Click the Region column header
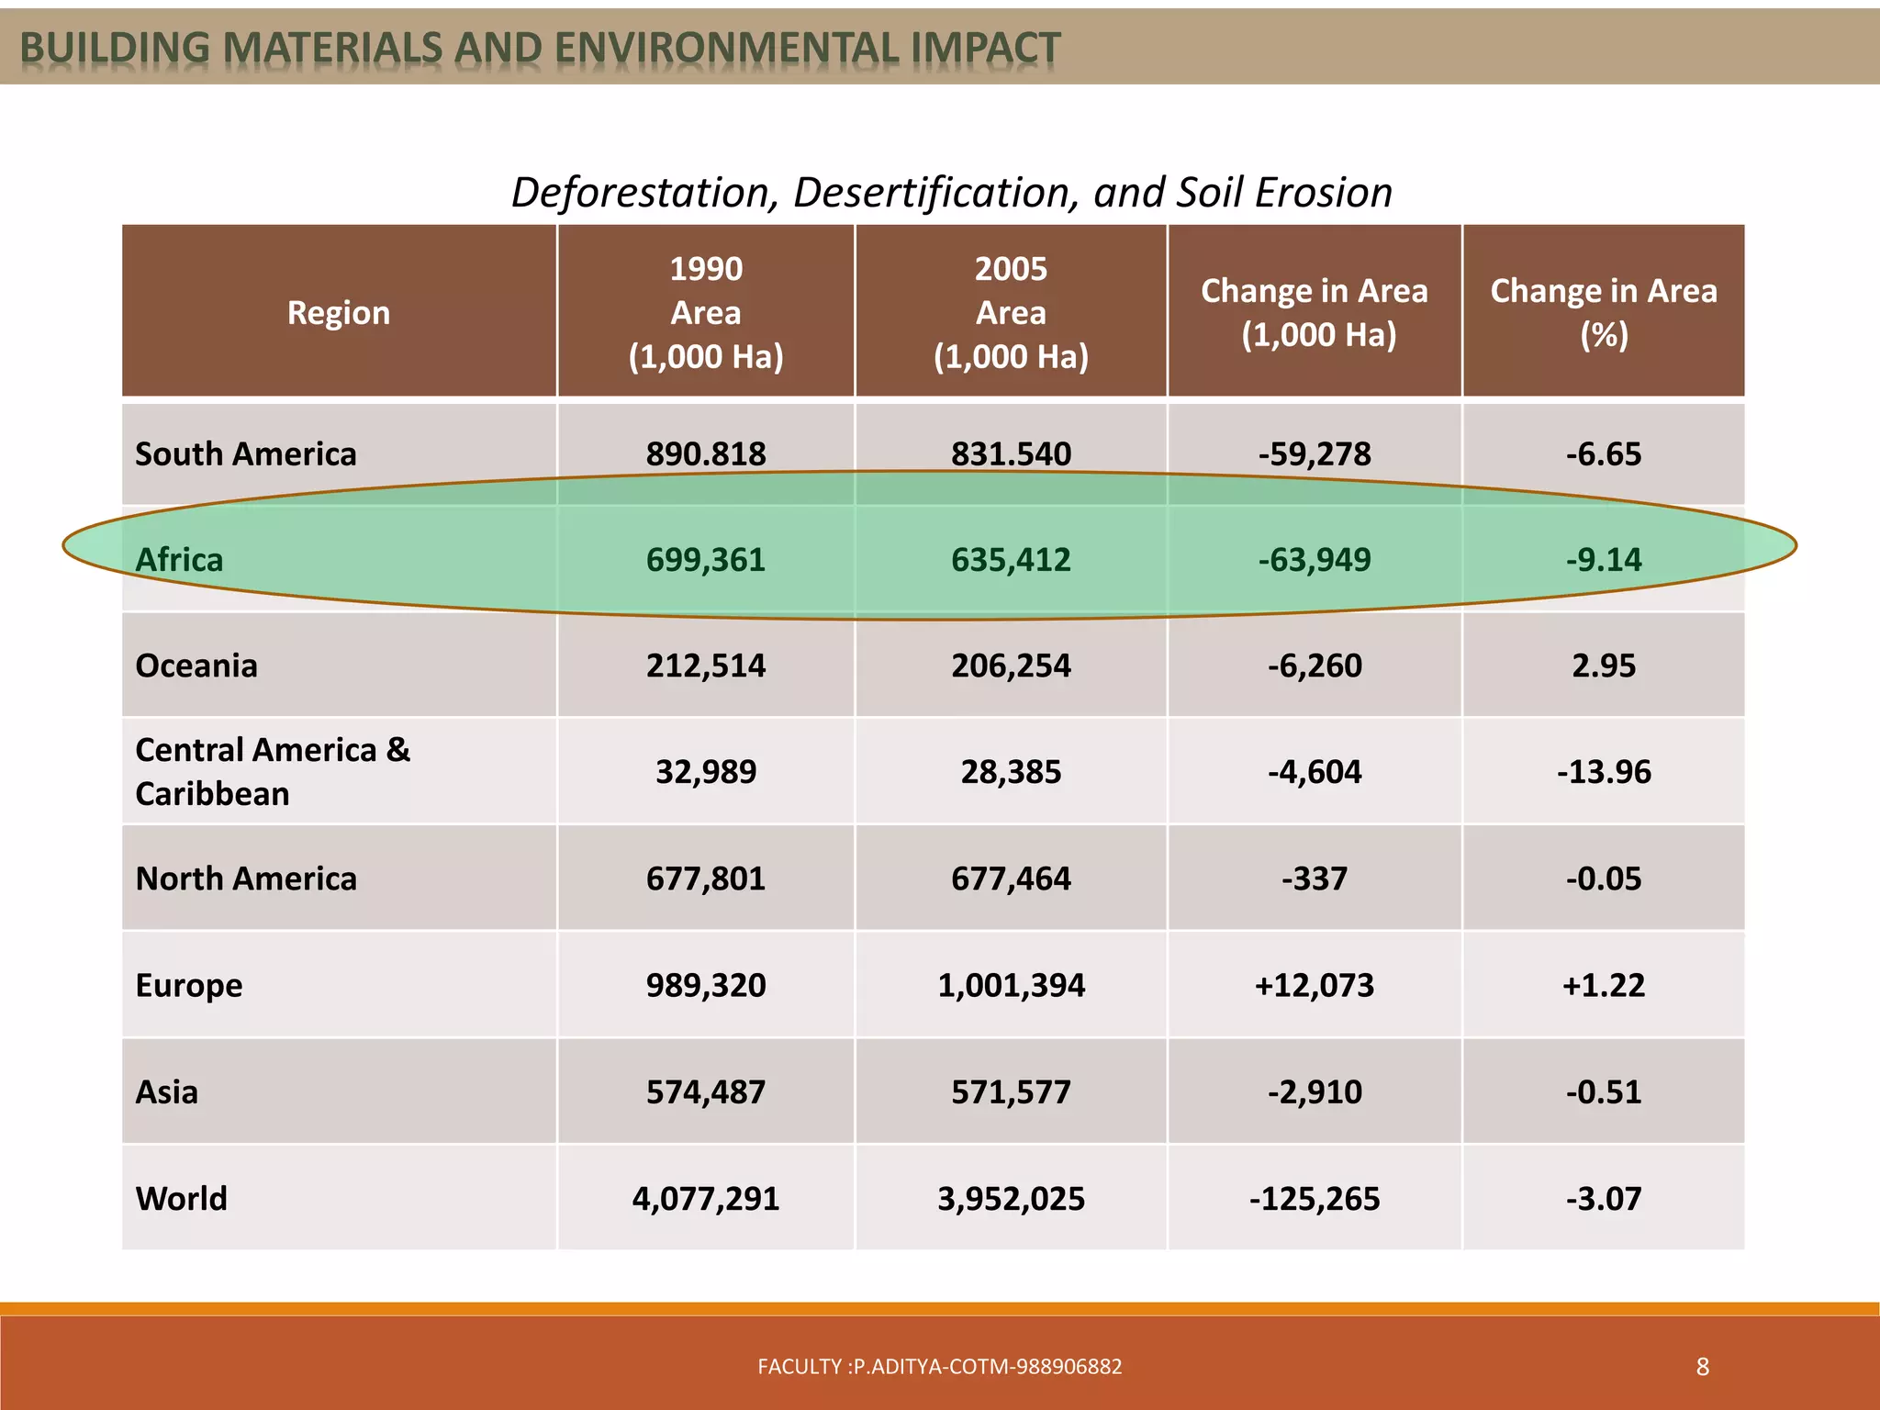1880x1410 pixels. coord(339,313)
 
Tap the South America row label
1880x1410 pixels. coord(245,453)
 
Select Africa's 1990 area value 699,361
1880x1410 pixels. coord(705,559)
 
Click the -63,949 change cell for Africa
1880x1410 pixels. coord(1314,559)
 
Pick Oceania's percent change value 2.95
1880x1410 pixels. coord(1603,666)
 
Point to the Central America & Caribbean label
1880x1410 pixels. coord(273,771)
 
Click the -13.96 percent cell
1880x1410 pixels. coord(1603,772)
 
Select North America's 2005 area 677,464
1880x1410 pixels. coord(1011,878)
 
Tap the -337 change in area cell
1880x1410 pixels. coord(1314,878)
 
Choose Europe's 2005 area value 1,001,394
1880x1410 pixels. coord(1011,985)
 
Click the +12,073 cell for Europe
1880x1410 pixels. coord(1314,985)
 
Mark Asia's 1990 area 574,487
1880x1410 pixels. coord(705,1091)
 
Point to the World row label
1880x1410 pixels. coord(181,1198)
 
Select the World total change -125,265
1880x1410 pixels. coord(1314,1198)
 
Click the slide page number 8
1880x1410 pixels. coord(1702,1367)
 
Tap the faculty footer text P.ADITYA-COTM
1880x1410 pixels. coord(939,1367)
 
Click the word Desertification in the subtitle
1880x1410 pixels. coord(935,193)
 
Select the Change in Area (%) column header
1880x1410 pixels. coord(1603,312)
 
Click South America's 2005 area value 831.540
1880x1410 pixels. coord(1011,453)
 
